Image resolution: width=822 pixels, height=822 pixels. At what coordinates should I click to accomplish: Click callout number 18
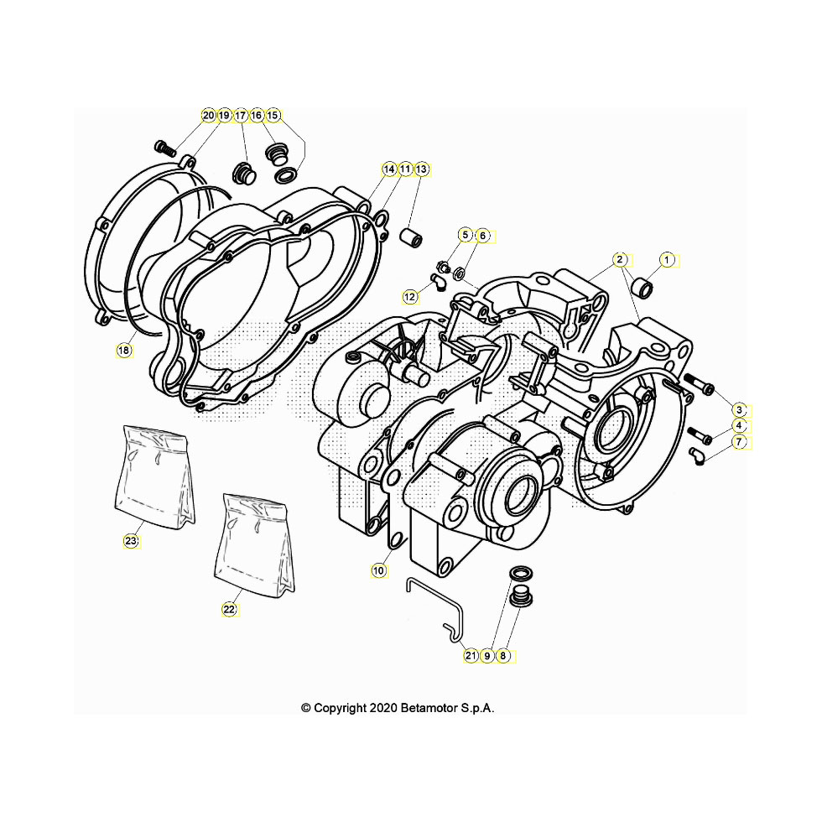tap(124, 351)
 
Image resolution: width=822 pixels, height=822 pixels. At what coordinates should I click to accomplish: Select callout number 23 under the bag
tap(131, 540)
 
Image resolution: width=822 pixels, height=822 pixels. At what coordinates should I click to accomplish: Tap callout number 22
tap(230, 609)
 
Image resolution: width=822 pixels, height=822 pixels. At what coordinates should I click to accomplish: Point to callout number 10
tap(378, 570)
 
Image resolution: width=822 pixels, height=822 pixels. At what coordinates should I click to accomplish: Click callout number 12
tap(409, 297)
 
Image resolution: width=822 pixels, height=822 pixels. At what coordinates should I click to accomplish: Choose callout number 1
tap(667, 259)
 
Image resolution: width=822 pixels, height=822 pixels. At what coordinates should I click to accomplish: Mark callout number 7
tap(739, 442)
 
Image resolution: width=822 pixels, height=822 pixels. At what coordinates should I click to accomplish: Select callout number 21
tap(471, 655)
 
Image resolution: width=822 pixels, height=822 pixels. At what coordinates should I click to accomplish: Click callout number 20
tap(209, 116)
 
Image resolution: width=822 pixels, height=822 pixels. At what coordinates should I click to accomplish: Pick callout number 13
tap(421, 169)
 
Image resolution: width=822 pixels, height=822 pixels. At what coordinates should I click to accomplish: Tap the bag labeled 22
tap(255, 544)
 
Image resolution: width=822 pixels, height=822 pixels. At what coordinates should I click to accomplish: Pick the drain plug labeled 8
tap(523, 599)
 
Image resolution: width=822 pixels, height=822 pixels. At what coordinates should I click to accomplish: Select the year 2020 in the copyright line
tap(384, 708)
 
